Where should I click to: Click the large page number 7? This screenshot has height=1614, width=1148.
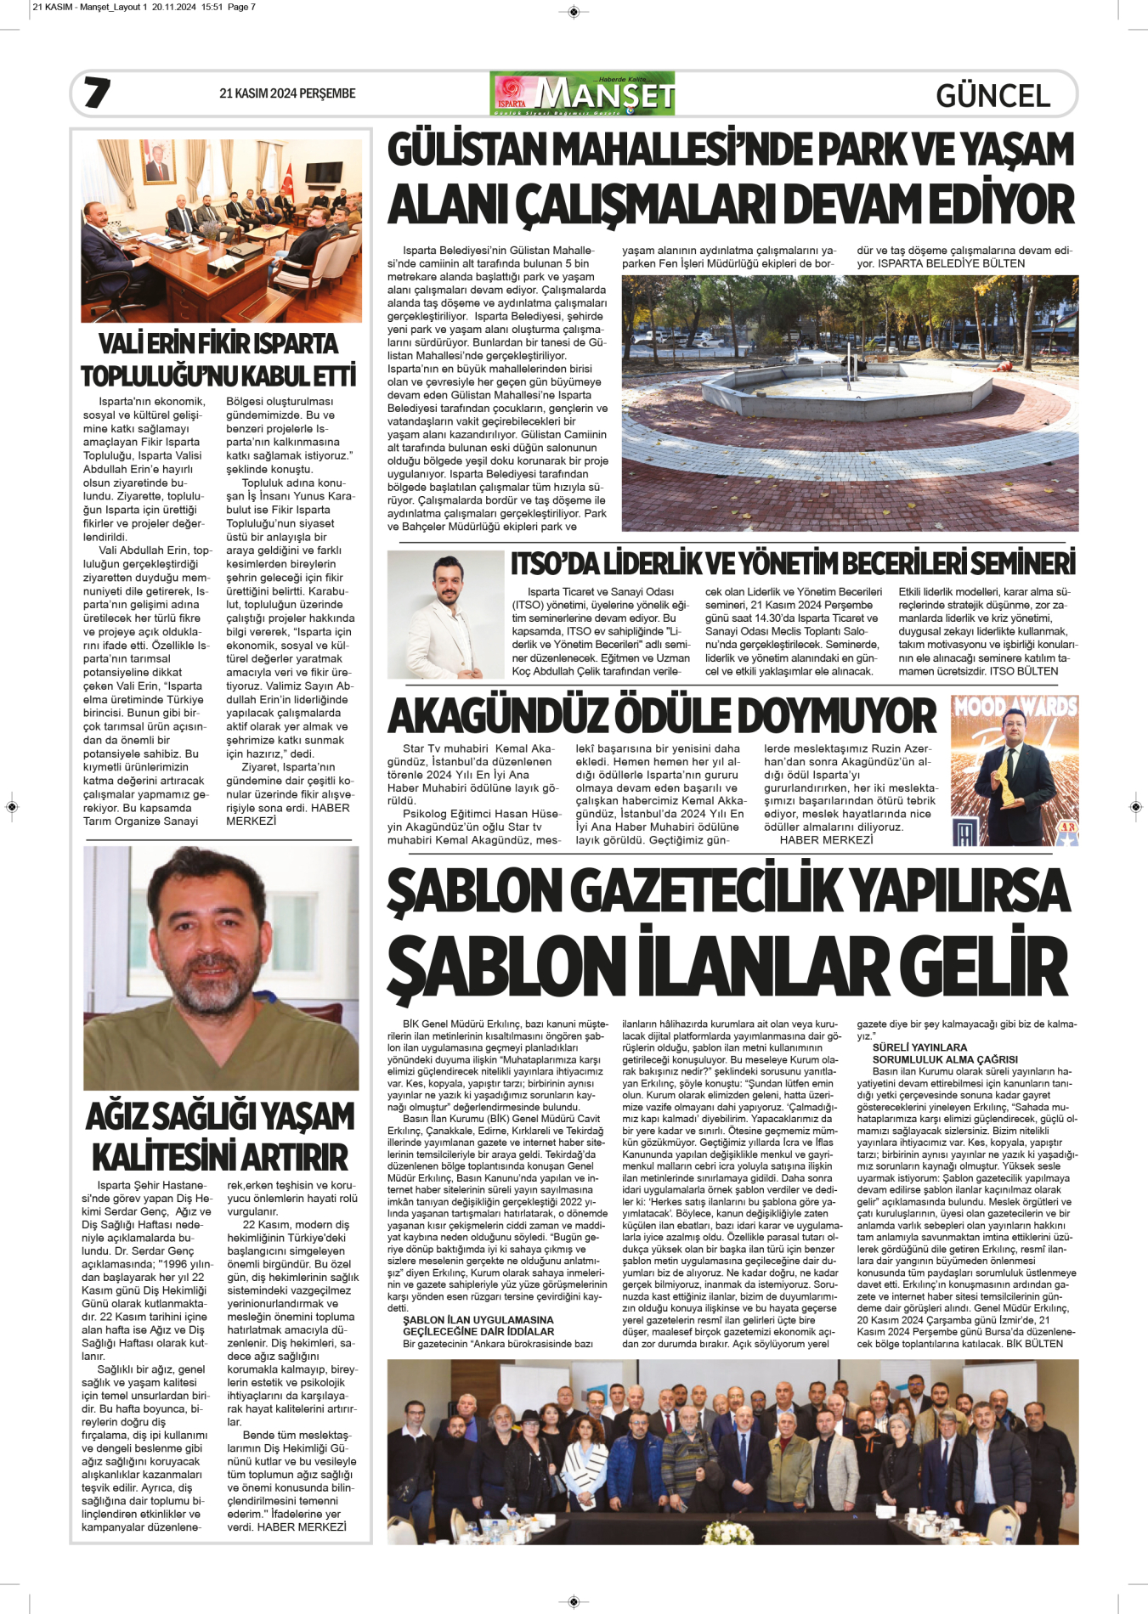tap(96, 93)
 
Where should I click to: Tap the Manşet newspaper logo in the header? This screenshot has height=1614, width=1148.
tap(582, 93)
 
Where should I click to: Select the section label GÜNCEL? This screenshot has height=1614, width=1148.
tap(992, 95)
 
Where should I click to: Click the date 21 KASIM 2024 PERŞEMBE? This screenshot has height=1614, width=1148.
tap(287, 93)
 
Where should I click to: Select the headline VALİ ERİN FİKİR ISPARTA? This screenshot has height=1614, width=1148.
tap(218, 344)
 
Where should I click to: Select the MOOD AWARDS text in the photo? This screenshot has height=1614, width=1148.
tap(1015, 707)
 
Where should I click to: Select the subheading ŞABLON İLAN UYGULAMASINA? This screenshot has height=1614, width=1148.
tap(478, 1320)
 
